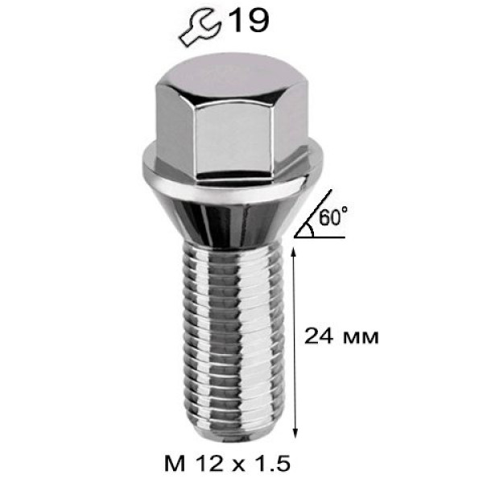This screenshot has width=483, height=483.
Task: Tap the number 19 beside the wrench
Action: tap(249, 20)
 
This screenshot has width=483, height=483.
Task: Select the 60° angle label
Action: tap(332, 217)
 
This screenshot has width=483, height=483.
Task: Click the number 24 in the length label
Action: tap(319, 336)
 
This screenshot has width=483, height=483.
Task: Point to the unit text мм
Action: tap(360, 338)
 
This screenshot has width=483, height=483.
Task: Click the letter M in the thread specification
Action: tap(175, 464)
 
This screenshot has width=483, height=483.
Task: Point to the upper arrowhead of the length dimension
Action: tap(294, 254)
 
